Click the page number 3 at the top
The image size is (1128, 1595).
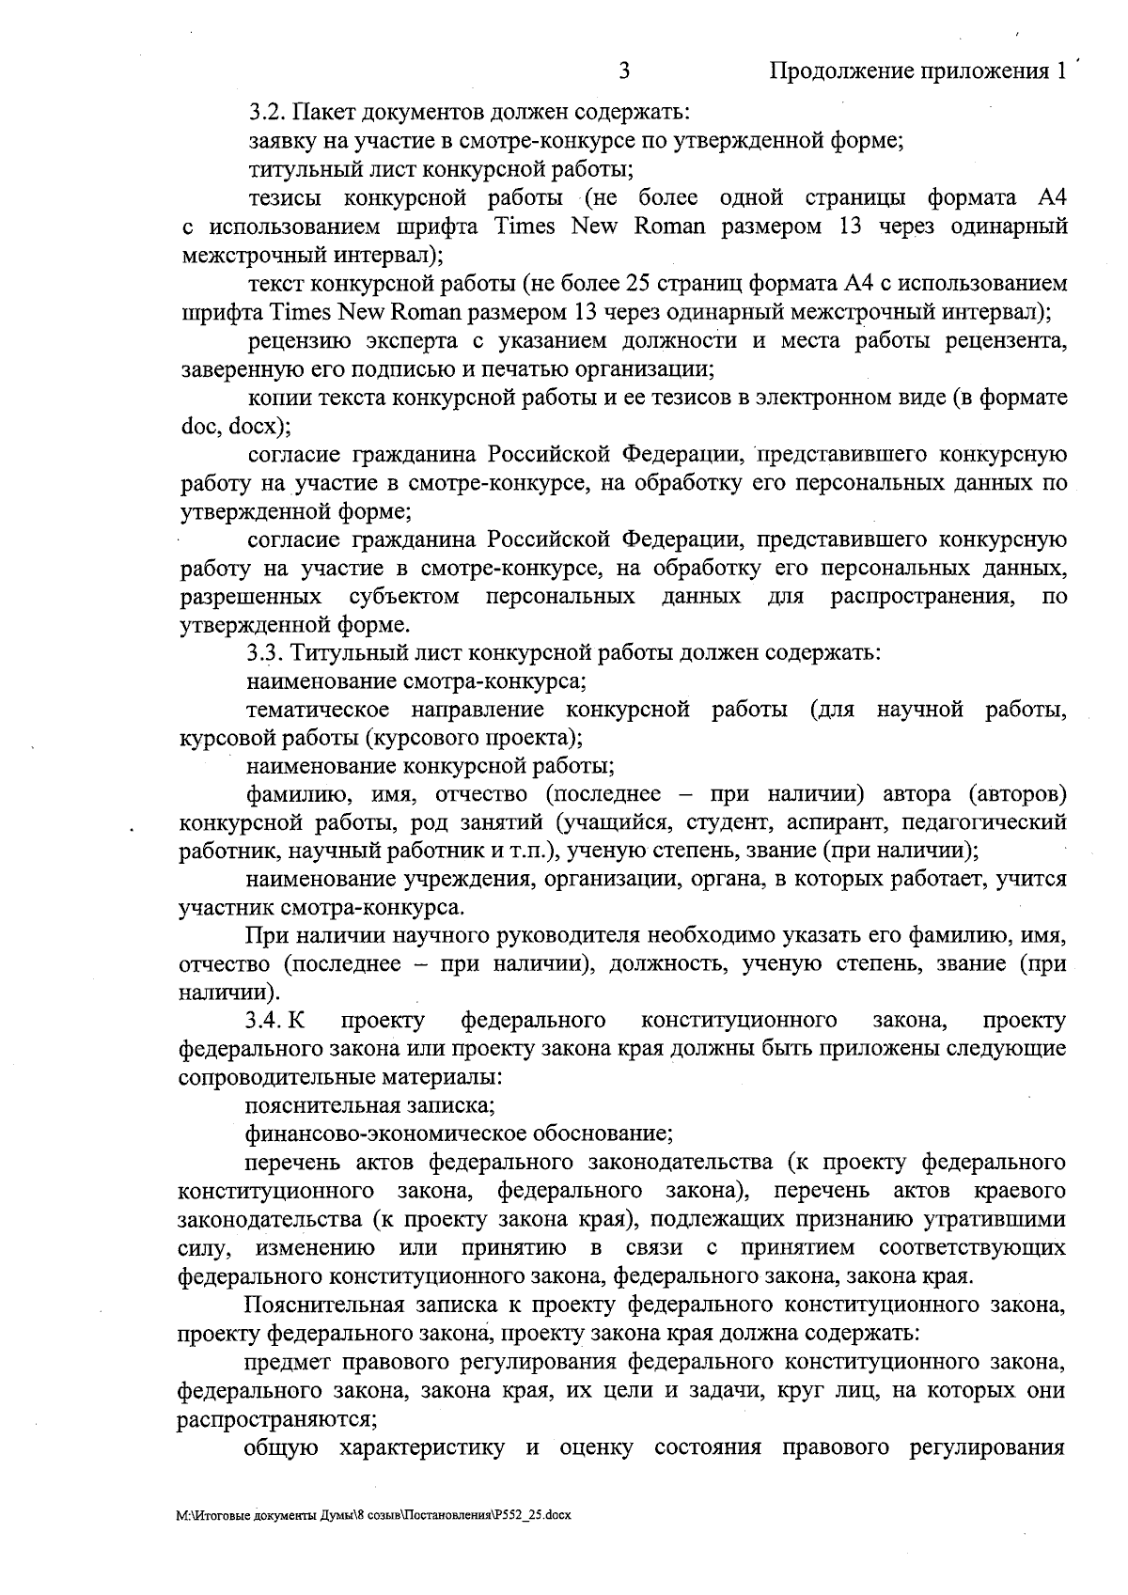click(x=625, y=72)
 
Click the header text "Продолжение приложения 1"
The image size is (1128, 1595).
click(x=919, y=72)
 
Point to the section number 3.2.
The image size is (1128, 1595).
click(x=266, y=114)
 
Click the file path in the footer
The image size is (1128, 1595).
click(x=374, y=1541)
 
